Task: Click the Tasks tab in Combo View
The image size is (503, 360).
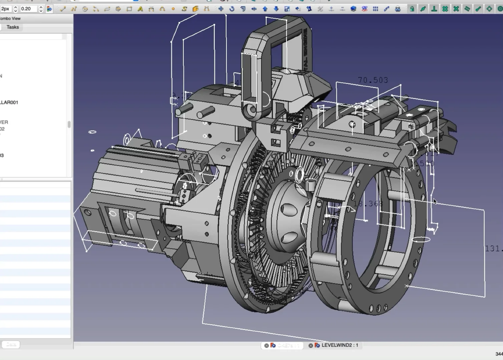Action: click(x=13, y=27)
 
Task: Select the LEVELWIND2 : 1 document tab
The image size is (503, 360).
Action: click(x=340, y=345)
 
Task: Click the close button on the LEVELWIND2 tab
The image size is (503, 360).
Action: click(x=311, y=346)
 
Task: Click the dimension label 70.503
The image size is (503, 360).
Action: click(x=373, y=80)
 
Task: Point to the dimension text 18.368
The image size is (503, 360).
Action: click(x=368, y=204)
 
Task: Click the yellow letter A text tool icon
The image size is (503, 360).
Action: click(x=140, y=9)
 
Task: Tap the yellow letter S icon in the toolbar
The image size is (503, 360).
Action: click(x=184, y=9)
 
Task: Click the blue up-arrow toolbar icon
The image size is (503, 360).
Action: click(x=265, y=9)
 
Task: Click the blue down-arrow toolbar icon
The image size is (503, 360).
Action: click(x=276, y=9)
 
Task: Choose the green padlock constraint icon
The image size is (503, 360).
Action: click(x=412, y=9)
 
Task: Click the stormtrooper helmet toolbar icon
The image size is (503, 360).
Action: click(x=398, y=9)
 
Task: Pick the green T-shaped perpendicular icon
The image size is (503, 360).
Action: click(x=434, y=9)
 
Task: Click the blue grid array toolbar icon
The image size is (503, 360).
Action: click(x=376, y=9)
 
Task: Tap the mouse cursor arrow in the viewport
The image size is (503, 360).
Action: click(x=435, y=201)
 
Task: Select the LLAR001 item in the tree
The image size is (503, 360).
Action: click(x=9, y=102)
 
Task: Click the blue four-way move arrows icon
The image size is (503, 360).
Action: click(x=221, y=9)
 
